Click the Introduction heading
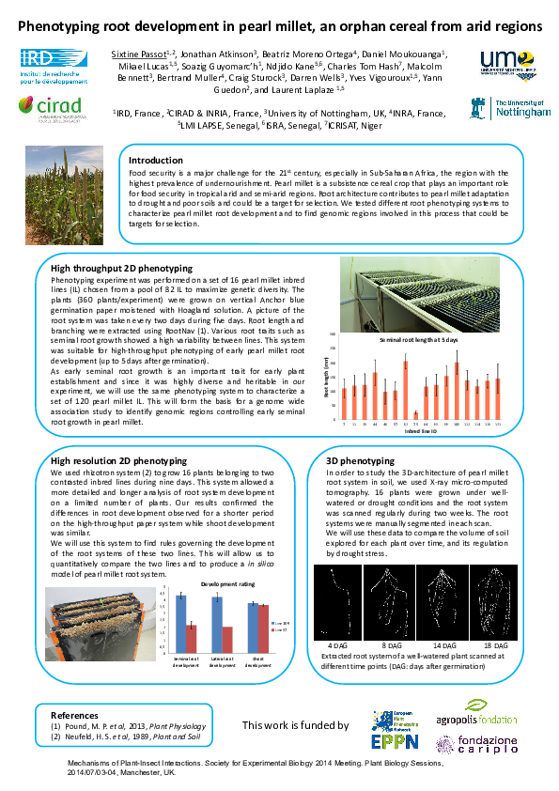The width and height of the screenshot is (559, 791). click(x=155, y=161)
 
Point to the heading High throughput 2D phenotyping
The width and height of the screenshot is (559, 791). click(x=121, y=269)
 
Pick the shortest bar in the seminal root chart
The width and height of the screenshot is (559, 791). click(x=415, y=413)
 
